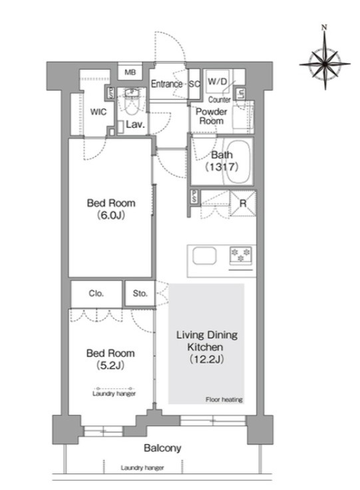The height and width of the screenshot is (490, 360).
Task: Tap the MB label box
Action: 130,72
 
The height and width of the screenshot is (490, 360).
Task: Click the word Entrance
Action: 167,84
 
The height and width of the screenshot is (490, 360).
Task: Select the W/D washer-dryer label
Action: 218,82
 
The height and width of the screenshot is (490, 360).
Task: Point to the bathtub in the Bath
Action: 238,162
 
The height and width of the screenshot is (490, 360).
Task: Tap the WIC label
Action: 98,112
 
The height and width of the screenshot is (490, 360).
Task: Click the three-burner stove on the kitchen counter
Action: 241,255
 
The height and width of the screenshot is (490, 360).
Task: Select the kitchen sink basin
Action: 204,256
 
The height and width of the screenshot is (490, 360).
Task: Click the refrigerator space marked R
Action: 243,204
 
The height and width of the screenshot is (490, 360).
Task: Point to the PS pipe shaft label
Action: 194,197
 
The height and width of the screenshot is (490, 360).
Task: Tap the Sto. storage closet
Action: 140,294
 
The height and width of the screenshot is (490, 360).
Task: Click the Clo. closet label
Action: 96,294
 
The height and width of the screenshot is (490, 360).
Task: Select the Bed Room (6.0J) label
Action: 111,209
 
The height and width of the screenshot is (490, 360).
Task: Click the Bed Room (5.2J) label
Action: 110,359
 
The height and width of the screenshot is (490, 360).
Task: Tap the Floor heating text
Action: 224,399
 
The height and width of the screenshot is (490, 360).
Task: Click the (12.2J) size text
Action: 207,360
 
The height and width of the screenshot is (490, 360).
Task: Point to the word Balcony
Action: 162,448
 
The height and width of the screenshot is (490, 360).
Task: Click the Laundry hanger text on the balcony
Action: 142,468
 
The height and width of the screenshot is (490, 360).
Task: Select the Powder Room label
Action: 211,117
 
